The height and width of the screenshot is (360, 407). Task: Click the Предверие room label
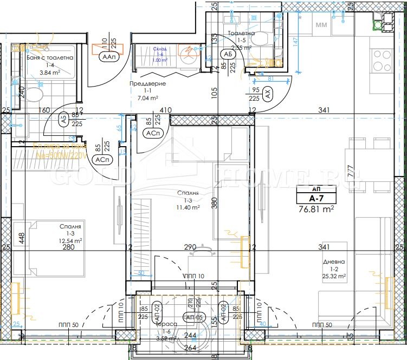pyautogui.click(x=147, y=84)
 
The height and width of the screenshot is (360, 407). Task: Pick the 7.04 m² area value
pyautogui.click(x=147, y=98)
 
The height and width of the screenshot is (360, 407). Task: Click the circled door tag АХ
pyautogui.click(x=268, y=93)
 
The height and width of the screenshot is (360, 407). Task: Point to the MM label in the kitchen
pyautogui.click(x=321, y=24)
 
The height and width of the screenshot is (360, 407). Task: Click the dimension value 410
pyautogui.click(x=166, y=110)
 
